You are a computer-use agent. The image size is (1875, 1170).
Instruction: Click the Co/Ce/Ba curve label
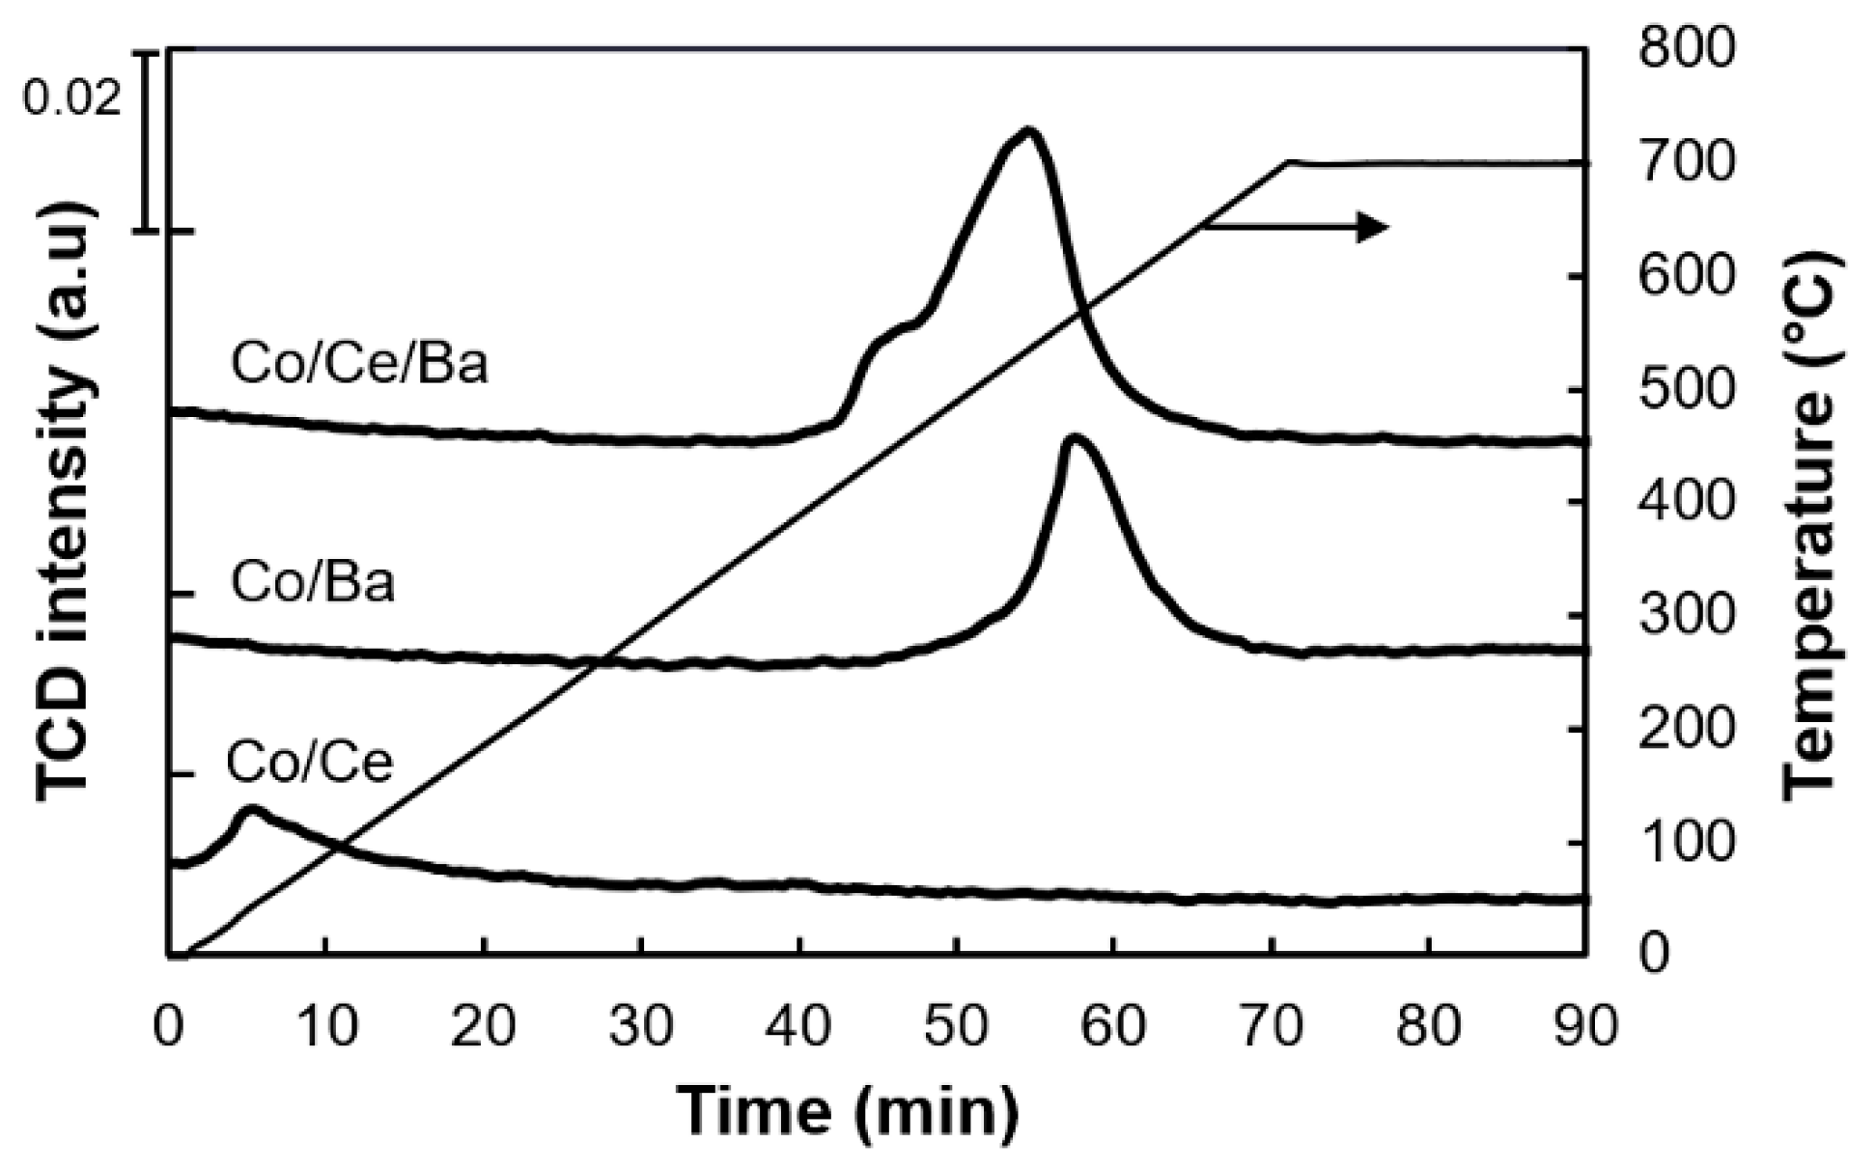(x=359, y=365)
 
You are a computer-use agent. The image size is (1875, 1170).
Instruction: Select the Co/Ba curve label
(x=313, y=583)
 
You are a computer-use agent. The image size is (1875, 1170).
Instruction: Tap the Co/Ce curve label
(x=310, y=762)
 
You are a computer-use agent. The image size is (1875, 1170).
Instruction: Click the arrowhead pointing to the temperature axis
(x=1374, y=227)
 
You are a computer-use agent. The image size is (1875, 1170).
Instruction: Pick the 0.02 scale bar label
(x=72, y=97)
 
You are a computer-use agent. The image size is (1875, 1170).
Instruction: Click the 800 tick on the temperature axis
(x=1687, y=48)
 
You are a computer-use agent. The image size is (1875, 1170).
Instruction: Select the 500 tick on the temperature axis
(x=1687, y=390)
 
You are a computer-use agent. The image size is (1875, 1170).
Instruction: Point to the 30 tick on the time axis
(x=641, y=1025)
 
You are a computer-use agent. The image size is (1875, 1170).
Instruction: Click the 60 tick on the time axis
(x=1113, y=1025)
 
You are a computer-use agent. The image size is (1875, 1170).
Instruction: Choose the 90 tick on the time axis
(x=1584, y=1025)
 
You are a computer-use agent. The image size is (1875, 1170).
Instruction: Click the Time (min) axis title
(x=848, y=1110)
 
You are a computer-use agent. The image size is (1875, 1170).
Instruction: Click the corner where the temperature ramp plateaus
(x=1288, y=162)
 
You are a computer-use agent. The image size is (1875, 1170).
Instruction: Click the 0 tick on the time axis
(x=170, y=1025)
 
